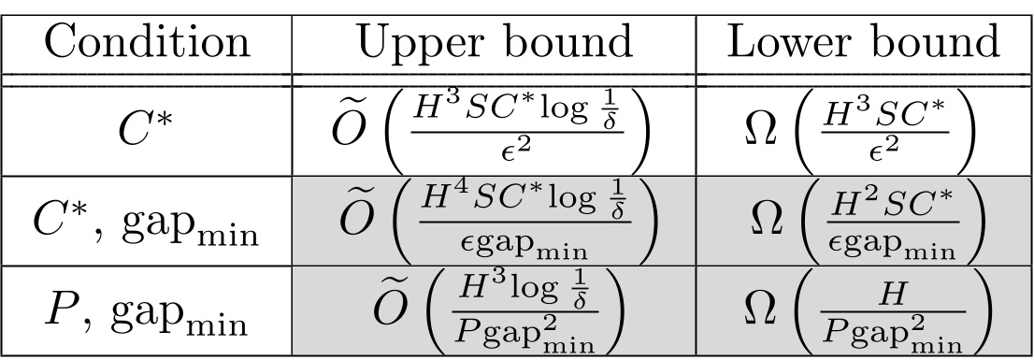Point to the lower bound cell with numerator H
(863, 310)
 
